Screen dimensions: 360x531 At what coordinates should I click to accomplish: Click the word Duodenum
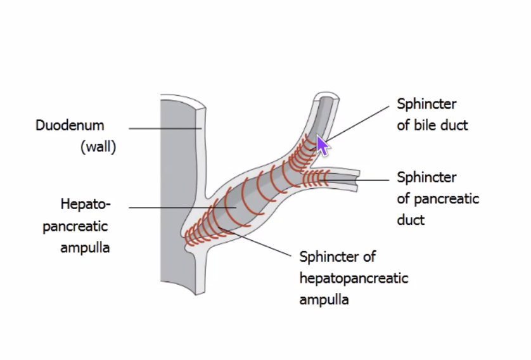pos(69,125)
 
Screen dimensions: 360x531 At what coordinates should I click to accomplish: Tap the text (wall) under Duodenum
pos(98,148)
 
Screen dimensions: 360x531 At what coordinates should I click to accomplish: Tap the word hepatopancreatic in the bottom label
pos(354,278)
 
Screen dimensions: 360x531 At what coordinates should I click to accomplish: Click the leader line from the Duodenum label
pos(165,128)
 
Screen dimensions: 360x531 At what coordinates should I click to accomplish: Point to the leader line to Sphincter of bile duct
pos(361,120)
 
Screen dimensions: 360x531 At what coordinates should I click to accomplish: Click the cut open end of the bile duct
pos(328,98)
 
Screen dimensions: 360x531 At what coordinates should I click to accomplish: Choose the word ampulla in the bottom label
pos(324,299)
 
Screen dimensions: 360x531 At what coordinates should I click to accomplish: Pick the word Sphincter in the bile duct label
pos(426,103)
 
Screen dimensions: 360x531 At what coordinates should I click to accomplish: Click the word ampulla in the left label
pos(85,247)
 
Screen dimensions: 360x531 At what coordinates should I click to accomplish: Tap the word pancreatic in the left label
pos(75,226)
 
